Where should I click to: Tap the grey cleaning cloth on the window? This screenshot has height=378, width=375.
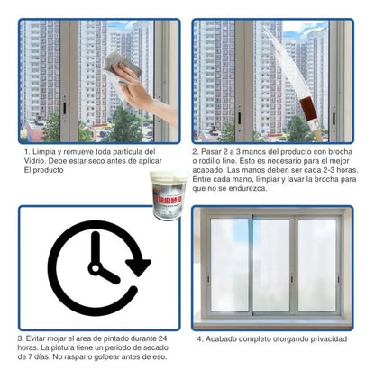(x=116, y=64)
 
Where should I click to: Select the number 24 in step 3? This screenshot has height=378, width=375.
(x=168, y=338)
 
